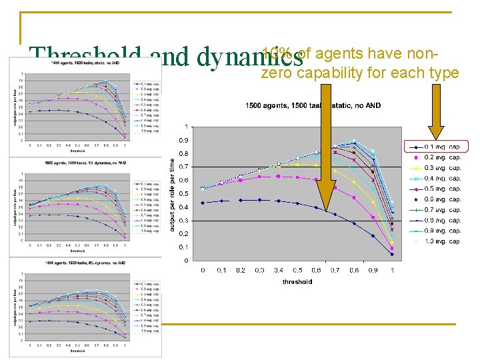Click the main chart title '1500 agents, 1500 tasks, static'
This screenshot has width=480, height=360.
click(x=313, y=105)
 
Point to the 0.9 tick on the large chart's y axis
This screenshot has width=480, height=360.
click(x=182, y=140)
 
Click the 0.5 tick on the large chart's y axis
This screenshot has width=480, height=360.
click(x=182, y=194)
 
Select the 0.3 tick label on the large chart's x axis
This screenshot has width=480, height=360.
click(x=259, y=270)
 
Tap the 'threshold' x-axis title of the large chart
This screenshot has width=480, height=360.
click(x=297, y=281)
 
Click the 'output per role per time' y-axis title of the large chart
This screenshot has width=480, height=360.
click(x=172, y=194)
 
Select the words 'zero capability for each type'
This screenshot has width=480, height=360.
click(x=360, y=73)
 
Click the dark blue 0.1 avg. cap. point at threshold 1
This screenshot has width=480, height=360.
click(x=392, y=254)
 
